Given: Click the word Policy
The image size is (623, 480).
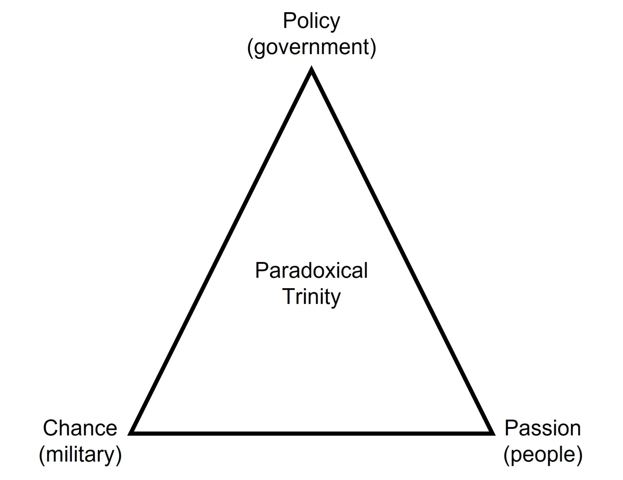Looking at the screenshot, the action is [311, 21].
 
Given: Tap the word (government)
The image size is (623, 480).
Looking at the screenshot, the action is [311, 48].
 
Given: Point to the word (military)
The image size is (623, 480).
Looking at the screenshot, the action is [80, 454].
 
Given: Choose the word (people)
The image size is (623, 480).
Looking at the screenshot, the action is [543, 455].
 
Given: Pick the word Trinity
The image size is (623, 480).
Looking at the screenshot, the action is [311, 297].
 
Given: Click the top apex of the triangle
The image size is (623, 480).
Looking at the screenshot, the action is [311, 68].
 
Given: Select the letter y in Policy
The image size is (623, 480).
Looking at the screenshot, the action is [335, 24].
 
